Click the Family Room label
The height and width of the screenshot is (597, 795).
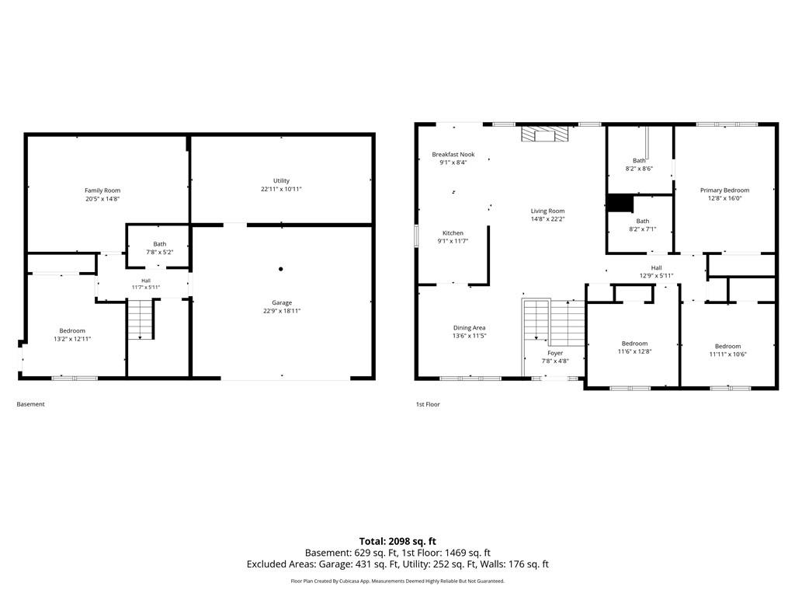coord(102,190)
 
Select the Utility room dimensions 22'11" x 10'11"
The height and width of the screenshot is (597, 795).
coord(281,189)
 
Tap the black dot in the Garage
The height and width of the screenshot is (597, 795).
coord(281,269)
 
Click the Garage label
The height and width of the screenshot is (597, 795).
coord(282,302)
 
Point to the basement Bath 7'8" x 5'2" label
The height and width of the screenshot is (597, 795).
coord(160,248)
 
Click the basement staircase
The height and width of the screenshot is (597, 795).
coord(141,319)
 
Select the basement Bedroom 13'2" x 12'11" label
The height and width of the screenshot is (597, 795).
coord(72,334)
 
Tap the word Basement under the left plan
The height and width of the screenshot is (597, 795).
coord(30,404)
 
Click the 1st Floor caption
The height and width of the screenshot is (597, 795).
coord(428,404)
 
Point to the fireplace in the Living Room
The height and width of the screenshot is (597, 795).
coord(545,134)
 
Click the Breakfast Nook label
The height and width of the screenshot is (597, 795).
coord(453,155)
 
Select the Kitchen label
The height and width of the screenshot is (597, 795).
coord(453,233)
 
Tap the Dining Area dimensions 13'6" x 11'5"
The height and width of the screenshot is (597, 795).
coord(470,336)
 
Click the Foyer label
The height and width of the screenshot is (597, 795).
coord(555,353)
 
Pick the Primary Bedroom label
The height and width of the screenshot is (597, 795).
coord(724,190)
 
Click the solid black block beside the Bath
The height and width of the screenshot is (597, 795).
coord(620,204)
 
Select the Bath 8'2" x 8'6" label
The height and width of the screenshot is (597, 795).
coord(640,165)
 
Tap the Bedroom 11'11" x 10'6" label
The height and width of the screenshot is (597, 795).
coord(728,351)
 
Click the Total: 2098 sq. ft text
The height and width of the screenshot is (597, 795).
coord(397,541)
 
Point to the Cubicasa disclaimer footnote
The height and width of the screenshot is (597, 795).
coord(397,581)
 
